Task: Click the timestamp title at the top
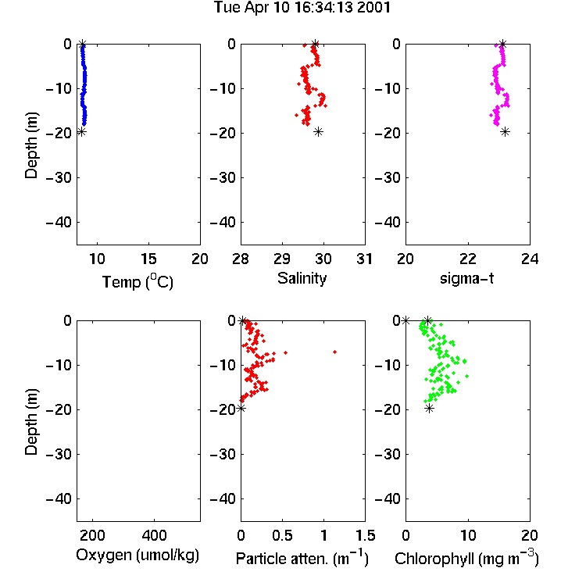[302, 7]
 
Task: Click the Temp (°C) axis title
[138, 282]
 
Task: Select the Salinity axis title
[302, 279]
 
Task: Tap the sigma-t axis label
[466, 278]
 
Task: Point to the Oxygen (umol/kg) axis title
[138, 556]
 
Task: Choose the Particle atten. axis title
[302, 559]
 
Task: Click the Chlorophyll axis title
[466, 559]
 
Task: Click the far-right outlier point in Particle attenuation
[335, 352]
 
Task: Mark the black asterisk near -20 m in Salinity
[318, 131]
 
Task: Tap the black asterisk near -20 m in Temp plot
[81, 131]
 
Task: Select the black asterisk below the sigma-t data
[505, 131]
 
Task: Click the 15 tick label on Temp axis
[148, 259]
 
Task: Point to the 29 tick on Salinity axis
[282, 259]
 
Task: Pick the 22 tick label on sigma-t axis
[468, 259]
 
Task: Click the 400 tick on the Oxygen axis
[155, 535]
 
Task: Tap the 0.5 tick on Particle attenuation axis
[282, 535]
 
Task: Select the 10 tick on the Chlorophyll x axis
[468, 535]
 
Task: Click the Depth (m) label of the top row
[31, 145]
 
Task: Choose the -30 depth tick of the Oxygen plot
[59, 455]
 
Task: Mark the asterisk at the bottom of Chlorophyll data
[430, 408]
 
